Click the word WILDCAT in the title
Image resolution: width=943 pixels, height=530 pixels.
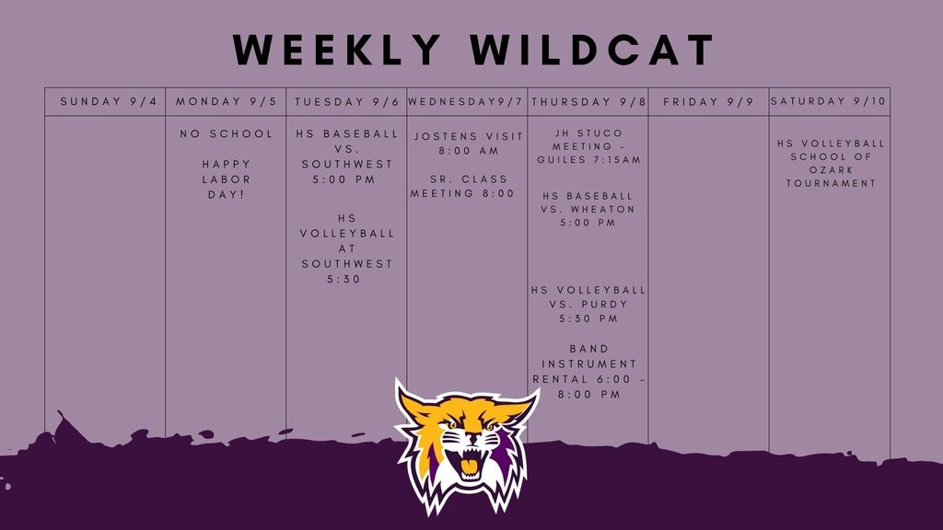592,50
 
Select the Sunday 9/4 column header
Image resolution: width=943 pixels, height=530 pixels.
109,101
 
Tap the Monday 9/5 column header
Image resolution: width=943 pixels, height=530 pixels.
227,101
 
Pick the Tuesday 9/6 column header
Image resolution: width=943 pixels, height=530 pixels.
347,102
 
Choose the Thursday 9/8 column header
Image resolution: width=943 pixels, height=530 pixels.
588,102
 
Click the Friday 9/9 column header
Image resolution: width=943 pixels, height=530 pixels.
708,102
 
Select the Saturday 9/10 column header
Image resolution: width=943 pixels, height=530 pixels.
829,101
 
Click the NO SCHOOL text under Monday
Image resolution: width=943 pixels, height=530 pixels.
227,134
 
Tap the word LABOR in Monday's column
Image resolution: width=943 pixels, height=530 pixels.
227,179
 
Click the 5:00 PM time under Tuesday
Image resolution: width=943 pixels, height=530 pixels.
343,179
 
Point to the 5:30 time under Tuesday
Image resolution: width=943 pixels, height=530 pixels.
343,279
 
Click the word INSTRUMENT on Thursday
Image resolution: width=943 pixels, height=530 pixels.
588,364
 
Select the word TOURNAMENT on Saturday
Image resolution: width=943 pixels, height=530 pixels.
832,183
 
